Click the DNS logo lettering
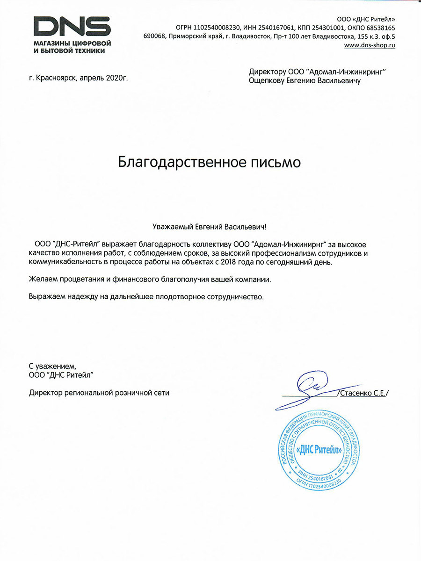click(72, 25)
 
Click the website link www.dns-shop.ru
click(370, 45)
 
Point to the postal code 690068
click(155, 36)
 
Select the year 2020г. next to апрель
click(117, 78)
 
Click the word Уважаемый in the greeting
click(173, 227)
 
